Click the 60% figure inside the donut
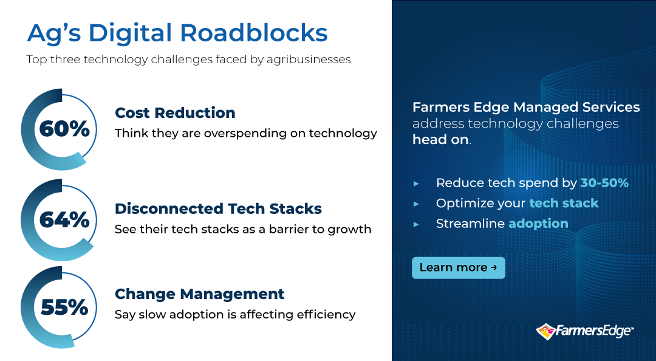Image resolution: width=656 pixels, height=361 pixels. [64, 129]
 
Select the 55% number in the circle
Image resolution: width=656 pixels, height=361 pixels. [64, 308]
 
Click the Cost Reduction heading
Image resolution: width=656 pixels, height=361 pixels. [175, 112]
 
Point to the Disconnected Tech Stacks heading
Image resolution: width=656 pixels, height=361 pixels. [219, 208]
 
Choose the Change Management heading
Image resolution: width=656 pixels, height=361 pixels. [200, 294]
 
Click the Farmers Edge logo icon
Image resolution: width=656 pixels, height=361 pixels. [545, 331]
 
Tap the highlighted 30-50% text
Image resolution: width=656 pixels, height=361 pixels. [604, 182]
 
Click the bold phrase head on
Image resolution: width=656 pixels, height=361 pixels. [440, 139]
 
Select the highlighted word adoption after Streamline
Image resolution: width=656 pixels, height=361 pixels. [538, 224]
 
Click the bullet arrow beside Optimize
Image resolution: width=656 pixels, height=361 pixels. [416, 204]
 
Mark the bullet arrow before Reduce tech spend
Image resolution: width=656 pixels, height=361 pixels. [416, 184]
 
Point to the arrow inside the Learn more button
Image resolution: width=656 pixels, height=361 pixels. [494, 267]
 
